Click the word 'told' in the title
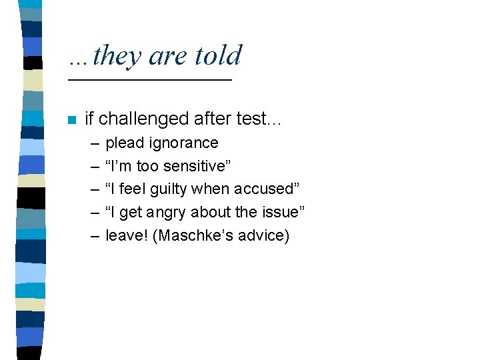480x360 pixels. click(218, 55)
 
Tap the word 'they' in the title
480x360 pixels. click(117, 57)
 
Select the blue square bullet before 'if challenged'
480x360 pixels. click(72, 120)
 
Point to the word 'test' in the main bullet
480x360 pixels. click(251, 119)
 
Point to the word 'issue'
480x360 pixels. click(281, 212)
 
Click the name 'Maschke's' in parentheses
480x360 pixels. click(193, 235)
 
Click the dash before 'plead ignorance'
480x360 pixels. click(94, 143)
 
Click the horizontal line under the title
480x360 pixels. click(150, 80)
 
